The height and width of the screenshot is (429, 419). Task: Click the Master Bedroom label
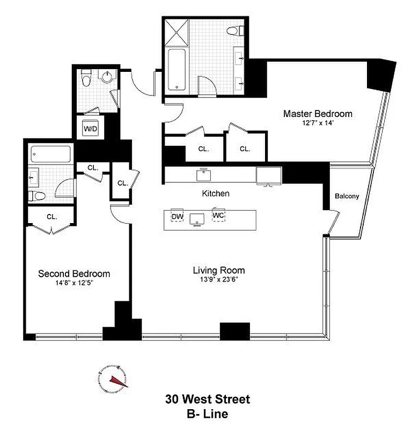318,114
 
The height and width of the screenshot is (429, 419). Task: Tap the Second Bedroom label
74,273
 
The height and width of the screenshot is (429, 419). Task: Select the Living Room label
219,270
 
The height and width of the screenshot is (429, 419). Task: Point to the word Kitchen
216,193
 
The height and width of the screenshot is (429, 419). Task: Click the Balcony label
347,196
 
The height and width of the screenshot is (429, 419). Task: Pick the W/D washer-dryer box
90,129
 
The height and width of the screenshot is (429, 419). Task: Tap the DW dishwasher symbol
177,217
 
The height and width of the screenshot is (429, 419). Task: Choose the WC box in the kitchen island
218,215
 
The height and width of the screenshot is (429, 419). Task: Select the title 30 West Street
208,400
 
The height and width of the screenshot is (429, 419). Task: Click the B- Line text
208,414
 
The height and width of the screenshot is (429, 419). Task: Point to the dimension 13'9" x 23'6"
219,280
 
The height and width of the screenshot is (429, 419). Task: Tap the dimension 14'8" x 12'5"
74,283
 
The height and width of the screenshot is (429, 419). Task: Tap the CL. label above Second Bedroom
52,217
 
